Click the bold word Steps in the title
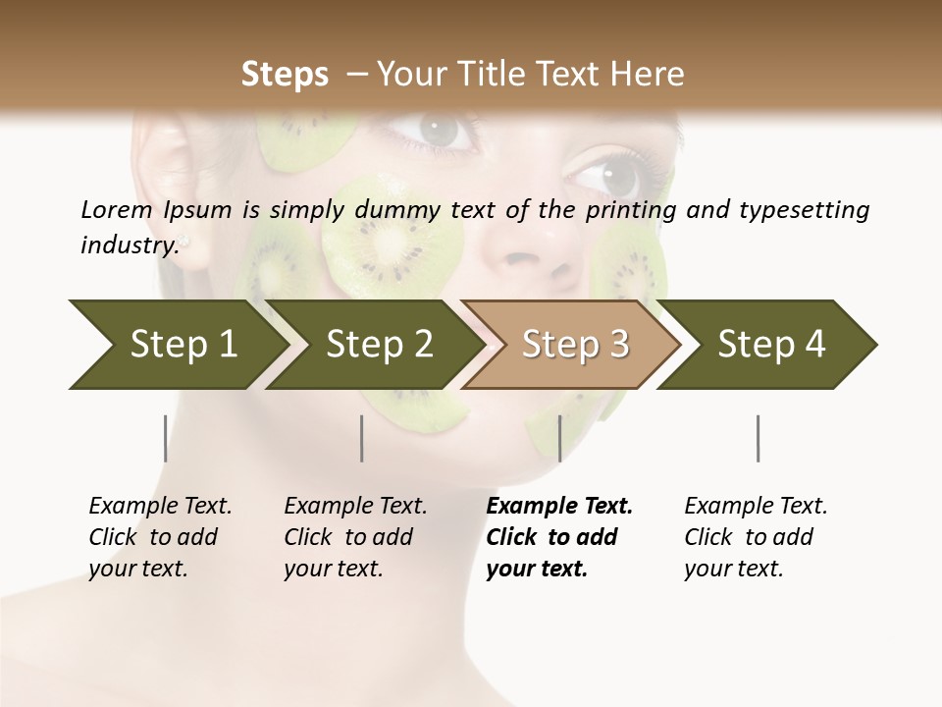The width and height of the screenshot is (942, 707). (285, 75)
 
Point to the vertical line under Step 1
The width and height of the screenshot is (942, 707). (165, 438)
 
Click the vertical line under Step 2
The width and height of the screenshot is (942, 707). (362, 438)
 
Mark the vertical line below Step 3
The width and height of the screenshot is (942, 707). (559, 438)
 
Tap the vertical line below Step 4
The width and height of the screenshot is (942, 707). (758, 438)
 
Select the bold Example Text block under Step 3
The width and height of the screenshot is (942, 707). (559, 537)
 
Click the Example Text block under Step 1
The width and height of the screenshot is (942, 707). (160, 537)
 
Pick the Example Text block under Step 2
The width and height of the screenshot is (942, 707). (355, 537)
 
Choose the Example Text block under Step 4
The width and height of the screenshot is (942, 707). (756, 537)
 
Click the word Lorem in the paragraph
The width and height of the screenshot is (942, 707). (117, 209)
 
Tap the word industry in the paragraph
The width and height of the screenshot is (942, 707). (129, 245)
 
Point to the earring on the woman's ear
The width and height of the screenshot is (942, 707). (183, 240)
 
